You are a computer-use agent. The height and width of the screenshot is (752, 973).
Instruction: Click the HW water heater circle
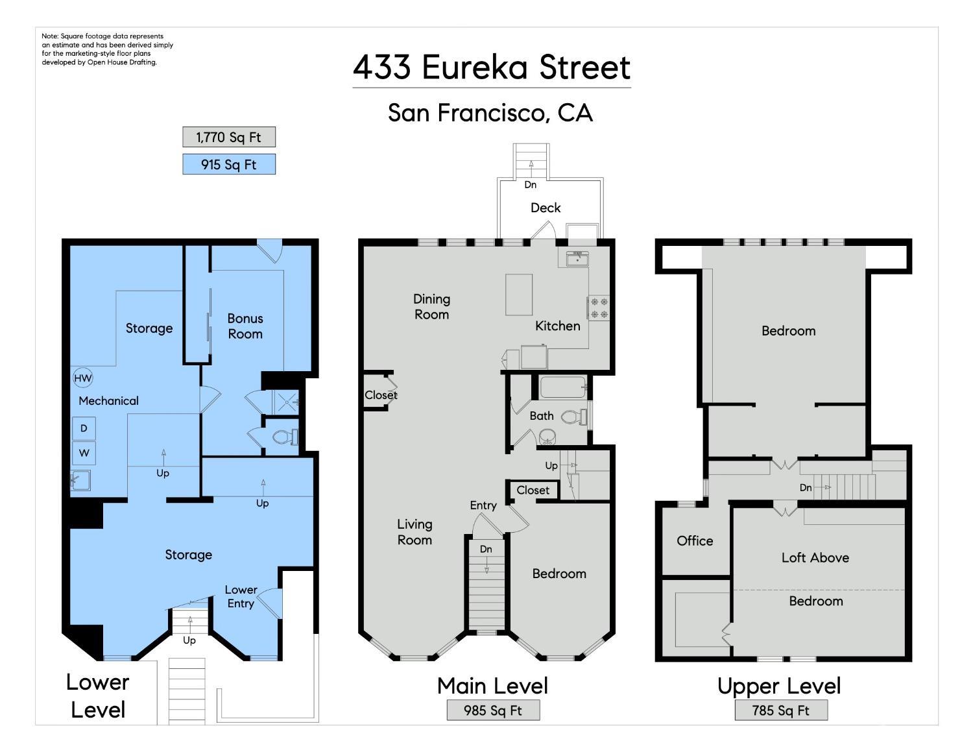tap(83, 378)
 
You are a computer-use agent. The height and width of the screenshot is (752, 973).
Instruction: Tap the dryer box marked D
tap(84, 428)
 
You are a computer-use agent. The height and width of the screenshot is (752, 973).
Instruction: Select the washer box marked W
tap(84, 453)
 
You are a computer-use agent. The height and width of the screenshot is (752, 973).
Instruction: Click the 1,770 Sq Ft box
tap(228, 137)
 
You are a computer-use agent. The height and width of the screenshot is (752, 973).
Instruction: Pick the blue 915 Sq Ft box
tap(228, 164)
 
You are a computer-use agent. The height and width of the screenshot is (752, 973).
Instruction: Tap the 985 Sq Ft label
tap(493, 710)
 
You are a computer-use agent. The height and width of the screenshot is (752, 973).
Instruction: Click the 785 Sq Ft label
tap(780, 710)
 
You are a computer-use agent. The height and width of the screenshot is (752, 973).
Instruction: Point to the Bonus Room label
tap(245, 326)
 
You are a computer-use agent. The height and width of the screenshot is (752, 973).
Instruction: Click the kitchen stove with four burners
tap(599, 308)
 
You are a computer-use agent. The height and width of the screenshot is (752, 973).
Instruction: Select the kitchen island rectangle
tap(519, 295)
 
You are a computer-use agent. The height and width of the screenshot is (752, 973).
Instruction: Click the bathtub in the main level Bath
tap(563, 387)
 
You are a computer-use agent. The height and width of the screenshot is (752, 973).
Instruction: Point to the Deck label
tap(546, 208)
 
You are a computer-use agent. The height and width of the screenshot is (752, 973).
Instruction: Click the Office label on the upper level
tap(695, 540)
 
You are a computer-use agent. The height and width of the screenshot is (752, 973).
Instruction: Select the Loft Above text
tap(815, 557)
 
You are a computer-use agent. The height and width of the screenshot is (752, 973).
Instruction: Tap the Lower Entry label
tap(241, 596)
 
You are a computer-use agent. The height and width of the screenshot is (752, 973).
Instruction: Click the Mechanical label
tap(108, 401)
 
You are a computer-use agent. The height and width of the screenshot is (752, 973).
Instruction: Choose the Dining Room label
tap(431, 307)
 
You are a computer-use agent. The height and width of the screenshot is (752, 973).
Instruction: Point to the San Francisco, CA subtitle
tap(490, 113)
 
